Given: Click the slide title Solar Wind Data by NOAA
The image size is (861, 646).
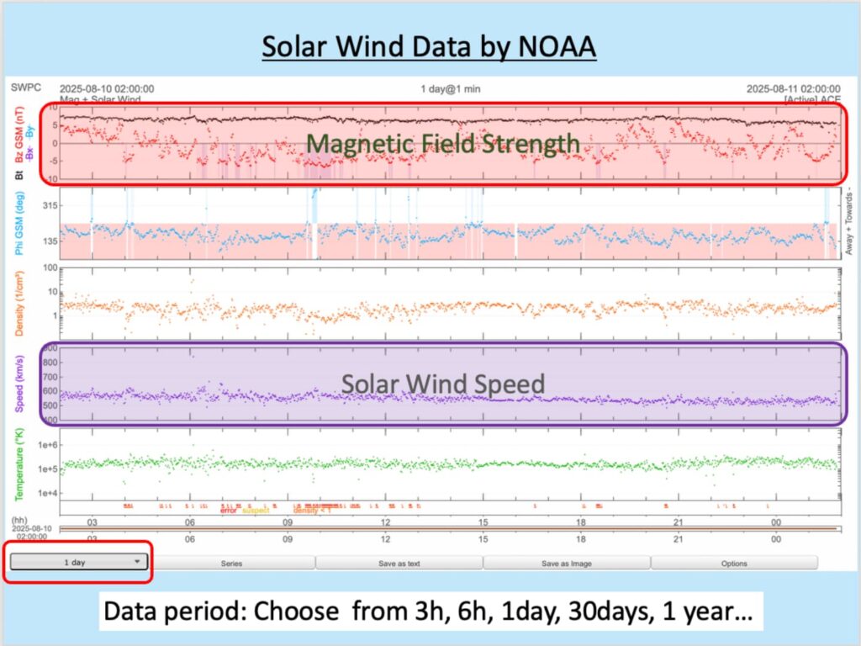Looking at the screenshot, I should click(x=429, y=46).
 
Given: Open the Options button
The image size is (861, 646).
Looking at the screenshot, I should click(x=734, y=563).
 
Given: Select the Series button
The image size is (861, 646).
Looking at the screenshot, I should click(x=231, y=563).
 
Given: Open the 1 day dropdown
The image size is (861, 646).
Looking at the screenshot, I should click(x=80, y=562).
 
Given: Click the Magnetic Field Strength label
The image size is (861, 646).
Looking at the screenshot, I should click(x=443, y=144).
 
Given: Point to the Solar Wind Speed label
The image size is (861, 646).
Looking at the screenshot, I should click(x=443, y=384).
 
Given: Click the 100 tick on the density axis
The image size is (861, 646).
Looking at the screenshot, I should click(x=47, y=268).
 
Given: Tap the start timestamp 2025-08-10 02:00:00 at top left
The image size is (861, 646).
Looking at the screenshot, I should click(x=106, y=88).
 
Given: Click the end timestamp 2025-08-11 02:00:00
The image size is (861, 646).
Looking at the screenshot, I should click(x=793, y=88).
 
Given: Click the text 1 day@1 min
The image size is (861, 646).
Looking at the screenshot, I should click(x=451, y=88).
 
